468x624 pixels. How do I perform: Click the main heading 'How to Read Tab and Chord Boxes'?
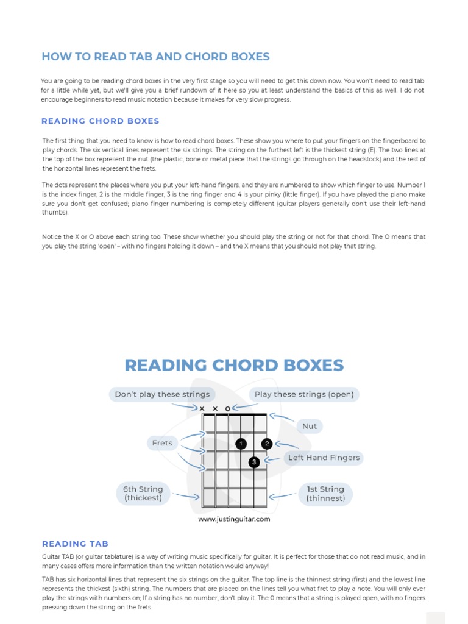(x=155, y=57)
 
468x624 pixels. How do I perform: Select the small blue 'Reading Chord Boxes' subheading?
(x=101, y=121)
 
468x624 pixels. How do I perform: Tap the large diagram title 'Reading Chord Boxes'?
(x=234, y=365)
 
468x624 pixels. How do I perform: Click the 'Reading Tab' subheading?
(x=75, y=544)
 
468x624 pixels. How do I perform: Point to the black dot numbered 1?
(x=241, y=444)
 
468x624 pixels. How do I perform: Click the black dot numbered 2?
(x=267, y=444)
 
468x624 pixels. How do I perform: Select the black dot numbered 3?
(x=254, y=463)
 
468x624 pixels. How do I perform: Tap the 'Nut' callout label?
(x=310, y=426)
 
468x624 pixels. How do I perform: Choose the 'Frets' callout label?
(x=162, y=443)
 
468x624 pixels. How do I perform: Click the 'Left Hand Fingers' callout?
(x=324, y=458)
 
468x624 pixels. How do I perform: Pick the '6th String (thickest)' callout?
(x=143, y=493)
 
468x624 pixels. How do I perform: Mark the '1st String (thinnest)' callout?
(x=325, y=493)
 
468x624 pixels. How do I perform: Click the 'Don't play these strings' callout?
(x=162, y=394)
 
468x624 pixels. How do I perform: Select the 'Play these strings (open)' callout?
(x=304, y=394)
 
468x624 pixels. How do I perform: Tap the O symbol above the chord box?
(x=228, y=408)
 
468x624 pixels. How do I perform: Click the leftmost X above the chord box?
(x=202, y=408)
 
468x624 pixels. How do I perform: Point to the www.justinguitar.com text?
(x=234, y=519)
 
